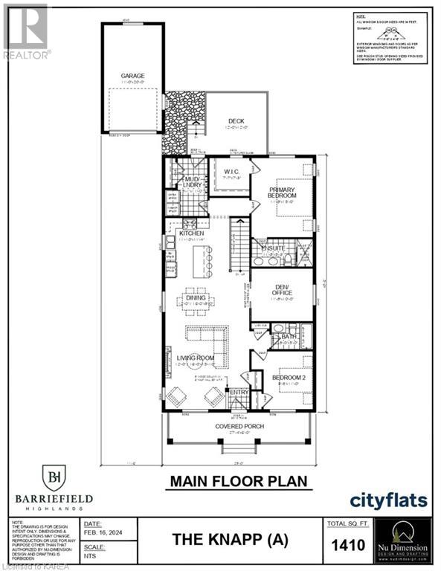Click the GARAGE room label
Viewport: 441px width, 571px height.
coord(133,76)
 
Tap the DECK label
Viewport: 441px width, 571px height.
coord(236,122)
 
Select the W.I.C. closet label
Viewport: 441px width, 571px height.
coord(231,172)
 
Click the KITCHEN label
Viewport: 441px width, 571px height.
coord(191,234)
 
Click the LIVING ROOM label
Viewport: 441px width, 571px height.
coord(196,358)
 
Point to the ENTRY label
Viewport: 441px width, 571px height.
coord(239,393)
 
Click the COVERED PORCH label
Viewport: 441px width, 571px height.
coord(239,426)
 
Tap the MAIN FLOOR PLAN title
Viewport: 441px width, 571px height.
coord(238,481)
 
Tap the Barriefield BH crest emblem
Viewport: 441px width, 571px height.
coord(54,476)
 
